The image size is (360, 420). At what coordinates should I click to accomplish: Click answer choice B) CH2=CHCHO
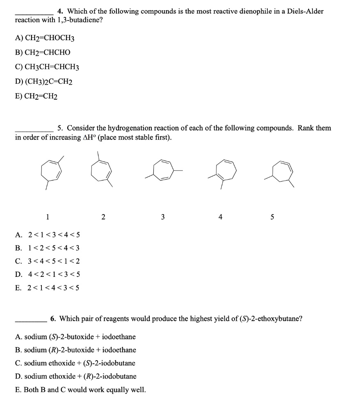[x=43, y=52]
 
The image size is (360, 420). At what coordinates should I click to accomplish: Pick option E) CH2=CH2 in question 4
[x=36, y=97]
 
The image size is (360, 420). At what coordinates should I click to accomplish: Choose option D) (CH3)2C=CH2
[x=44, y=82]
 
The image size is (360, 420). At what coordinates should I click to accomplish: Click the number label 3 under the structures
[x=163, y=217]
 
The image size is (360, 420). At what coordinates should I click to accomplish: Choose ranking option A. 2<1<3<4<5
[x=47, y=235]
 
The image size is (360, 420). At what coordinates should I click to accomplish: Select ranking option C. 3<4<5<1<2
[x=47, y=261]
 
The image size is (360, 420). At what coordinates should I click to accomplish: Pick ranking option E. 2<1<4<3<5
[x=47, y=288]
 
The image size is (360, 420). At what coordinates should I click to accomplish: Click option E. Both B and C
[x=80, y=390]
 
